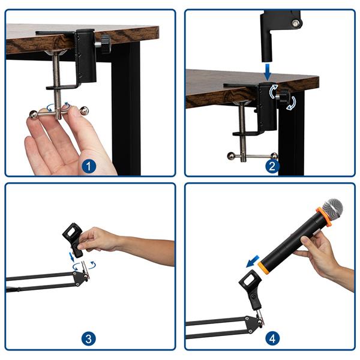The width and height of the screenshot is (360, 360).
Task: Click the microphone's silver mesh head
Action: pyautogui.click(x=332, y=209)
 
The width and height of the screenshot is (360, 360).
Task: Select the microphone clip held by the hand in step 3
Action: pyautogui.click(x=73, y=238)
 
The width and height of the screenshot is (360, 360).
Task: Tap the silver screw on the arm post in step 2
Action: pyautogui.click(x=295, y=24)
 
